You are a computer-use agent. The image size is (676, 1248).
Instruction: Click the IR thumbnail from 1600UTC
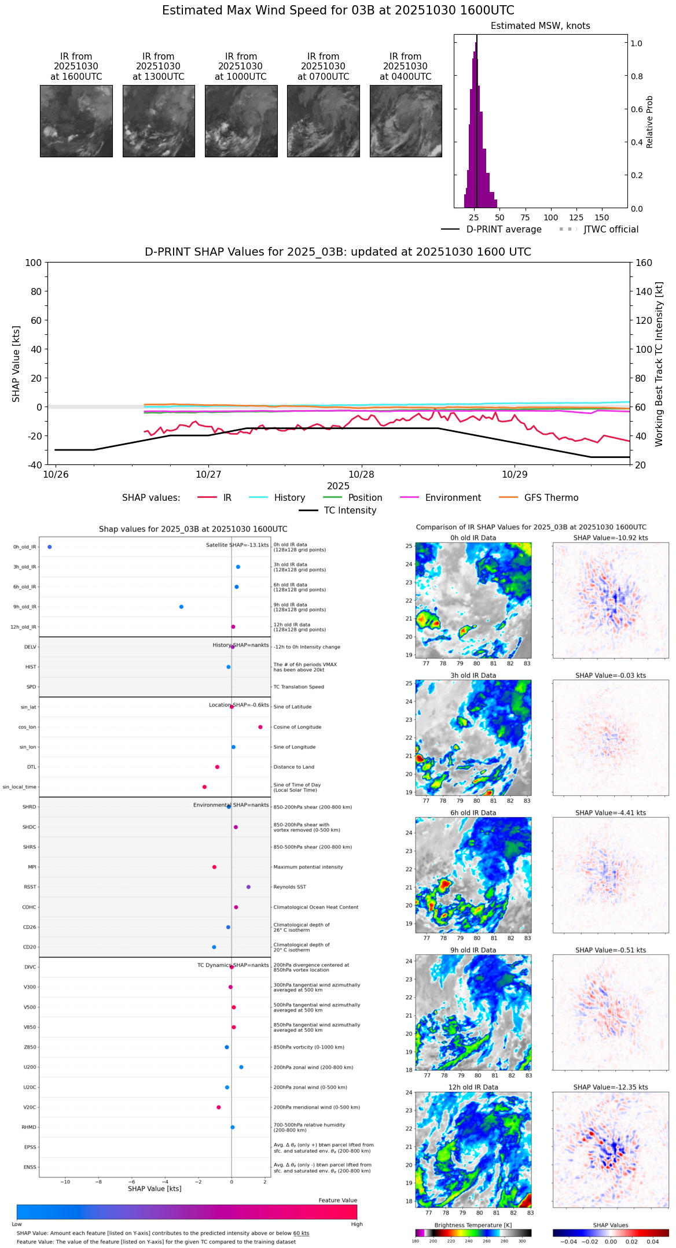click(x=76, y=121)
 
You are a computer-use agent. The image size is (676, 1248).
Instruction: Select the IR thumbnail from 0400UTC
click(x=406, y=121)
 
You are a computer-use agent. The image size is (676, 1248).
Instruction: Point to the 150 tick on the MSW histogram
click(x=602, y=218)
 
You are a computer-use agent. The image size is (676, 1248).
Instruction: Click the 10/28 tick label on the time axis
click(x=362, y=475)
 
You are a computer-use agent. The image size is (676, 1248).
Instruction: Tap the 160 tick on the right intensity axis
click(x=644, y=263)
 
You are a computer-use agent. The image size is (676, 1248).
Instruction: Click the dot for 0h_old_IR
click(x=50, y=547)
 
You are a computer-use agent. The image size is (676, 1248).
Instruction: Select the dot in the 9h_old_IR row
click(x=181, y=607)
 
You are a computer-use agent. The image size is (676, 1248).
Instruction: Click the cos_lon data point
click(x=260, y=727)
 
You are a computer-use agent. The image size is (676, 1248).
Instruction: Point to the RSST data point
click(x=249, y=887)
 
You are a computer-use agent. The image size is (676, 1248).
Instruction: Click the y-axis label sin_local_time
click(x=20, y=787)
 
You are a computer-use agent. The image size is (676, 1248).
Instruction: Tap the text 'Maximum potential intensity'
click(x=308, y=867)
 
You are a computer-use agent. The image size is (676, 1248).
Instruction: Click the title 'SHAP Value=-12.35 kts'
click(x=611, y=1087)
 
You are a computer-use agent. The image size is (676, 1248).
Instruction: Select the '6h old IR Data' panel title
click(x=473, y=813)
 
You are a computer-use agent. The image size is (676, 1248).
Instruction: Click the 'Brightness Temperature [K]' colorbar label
click(x=473, y=1225)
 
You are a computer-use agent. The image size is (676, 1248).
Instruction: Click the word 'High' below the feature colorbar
click(x=357, y=1224)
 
